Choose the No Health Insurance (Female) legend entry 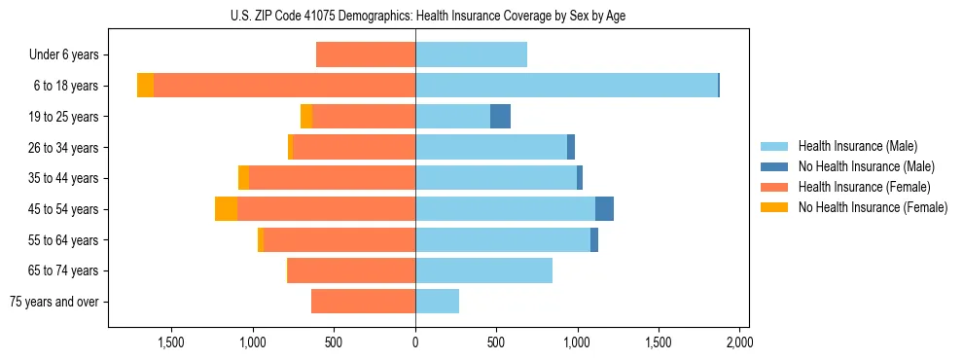pyautogui.click(x=873, y=207)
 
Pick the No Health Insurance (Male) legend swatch pyautogui.click(x=775, y=166)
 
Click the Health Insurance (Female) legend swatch pyautogui.click(x=775, y=187)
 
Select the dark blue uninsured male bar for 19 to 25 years pyautogui.click(x=500, y=117)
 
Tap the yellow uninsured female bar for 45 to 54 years pyautogui.click(x=226, y=209)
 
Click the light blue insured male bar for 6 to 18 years pyautogui.click(x=566, y=86)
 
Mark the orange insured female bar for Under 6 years pyautogui.click(x=366, y=54)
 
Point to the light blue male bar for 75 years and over pyautogui.click(x=437, y=302)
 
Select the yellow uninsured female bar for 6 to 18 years pyautogui.click(x=145, y=86)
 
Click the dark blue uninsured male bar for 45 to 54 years pyautogui.click(x=604, y=209)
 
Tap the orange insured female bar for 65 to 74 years pyautogui.click(x=351, y=270)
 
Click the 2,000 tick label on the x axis pyautogui.click(x=739, y=342)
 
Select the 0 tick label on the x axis pyautogui.click(x=415, y=342)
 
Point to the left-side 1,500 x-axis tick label pyautogui.click(x=171, y=342)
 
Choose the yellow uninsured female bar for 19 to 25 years pyautogui.click(x=306, y=117)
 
